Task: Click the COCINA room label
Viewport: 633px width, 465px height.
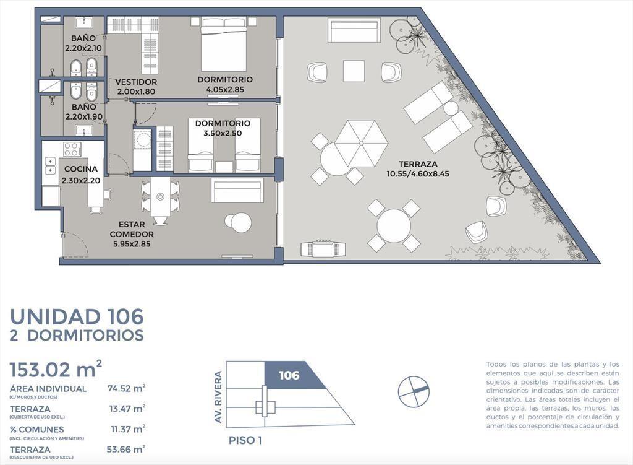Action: (81, 169)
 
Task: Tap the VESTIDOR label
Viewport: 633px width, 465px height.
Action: (136, 82)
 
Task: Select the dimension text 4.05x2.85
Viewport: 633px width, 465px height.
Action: (225, 90)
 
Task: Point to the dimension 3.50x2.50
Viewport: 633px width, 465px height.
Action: (223, 134)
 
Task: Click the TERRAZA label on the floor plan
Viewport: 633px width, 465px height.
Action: (418, 164)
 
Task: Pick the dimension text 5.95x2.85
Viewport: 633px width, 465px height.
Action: (132, 244)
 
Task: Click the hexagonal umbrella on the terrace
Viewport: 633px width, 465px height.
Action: (361, 144)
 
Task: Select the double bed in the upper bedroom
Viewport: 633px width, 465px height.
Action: (224, 45)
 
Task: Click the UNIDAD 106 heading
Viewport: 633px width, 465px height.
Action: (77, 316)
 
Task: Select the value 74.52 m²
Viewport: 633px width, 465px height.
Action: (126, 389)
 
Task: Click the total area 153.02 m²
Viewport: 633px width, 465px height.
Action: (56, 369)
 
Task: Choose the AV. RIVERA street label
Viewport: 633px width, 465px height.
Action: (218, 398)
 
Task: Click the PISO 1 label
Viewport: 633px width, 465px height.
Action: (245, 440)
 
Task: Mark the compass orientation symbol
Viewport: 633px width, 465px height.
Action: (414, 392)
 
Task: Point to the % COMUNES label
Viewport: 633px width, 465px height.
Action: (36, 430)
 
